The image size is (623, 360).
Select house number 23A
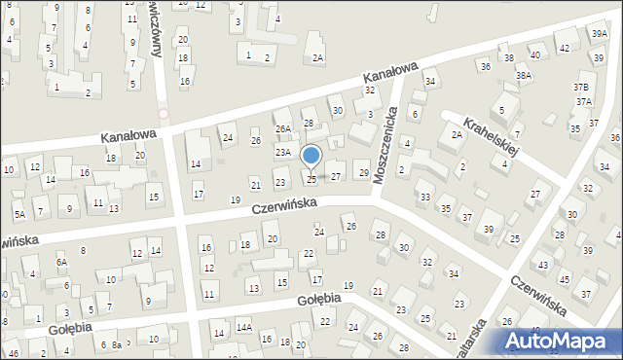point(283,152)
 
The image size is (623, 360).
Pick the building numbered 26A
point(283,128)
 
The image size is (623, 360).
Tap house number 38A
point(524,75)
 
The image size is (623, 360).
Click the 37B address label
point(582,87)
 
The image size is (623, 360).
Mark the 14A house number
point(243,328)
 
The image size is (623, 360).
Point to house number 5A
point(18,213)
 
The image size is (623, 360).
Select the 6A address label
point(61,262)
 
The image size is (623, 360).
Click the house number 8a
point(116,344)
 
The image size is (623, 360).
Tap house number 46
point(13,352)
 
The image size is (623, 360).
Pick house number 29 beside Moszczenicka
point(363,172)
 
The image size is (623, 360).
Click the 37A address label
point(583,101)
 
